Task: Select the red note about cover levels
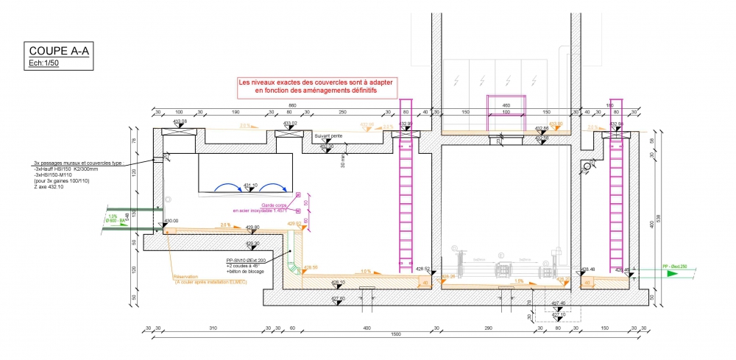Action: point(316,86)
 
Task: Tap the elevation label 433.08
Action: point(180,121)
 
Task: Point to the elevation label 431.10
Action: point(251,186)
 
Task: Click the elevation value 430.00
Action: point(171,221)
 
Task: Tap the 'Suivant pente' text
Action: point(328,136)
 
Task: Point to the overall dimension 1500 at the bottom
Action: point(397,334)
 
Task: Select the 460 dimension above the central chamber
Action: point(506,105)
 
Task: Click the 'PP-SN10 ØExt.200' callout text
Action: point(247,260)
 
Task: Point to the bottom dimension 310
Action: point(213,327)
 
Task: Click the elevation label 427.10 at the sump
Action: point(559,314)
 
